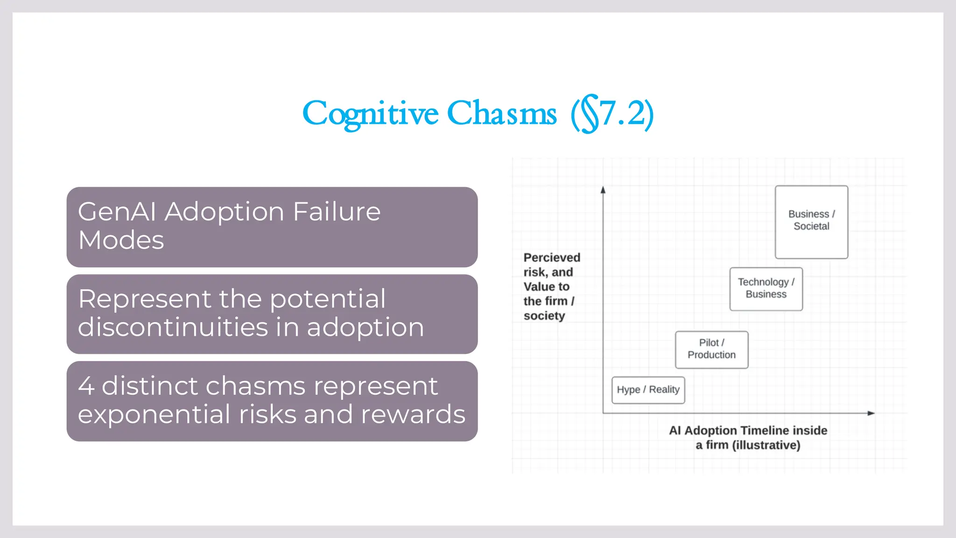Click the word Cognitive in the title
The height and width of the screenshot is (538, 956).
tap(370, 113)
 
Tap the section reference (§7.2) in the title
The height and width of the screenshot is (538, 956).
tap(612, 113)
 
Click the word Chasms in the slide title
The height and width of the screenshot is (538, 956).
tap(502, 113)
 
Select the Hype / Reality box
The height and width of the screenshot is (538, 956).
tap(648, 389)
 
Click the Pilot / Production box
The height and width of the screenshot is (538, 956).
tap(711, 349)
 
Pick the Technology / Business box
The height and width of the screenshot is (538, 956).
tap(766, 289)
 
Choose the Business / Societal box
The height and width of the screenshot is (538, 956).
tap(811, 221)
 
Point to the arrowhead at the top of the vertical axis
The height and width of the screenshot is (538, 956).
tap(603, 190)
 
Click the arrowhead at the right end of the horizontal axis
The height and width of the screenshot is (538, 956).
tap(871, 413)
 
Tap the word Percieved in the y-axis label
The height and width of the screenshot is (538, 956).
tap(552, 258)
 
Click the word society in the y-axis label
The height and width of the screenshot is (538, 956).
tap(544, 316)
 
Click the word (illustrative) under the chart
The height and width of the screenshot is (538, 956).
tap(766, 445)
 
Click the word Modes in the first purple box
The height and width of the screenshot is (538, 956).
tap(121, 241)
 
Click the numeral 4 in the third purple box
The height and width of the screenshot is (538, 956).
tap(86, 386)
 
